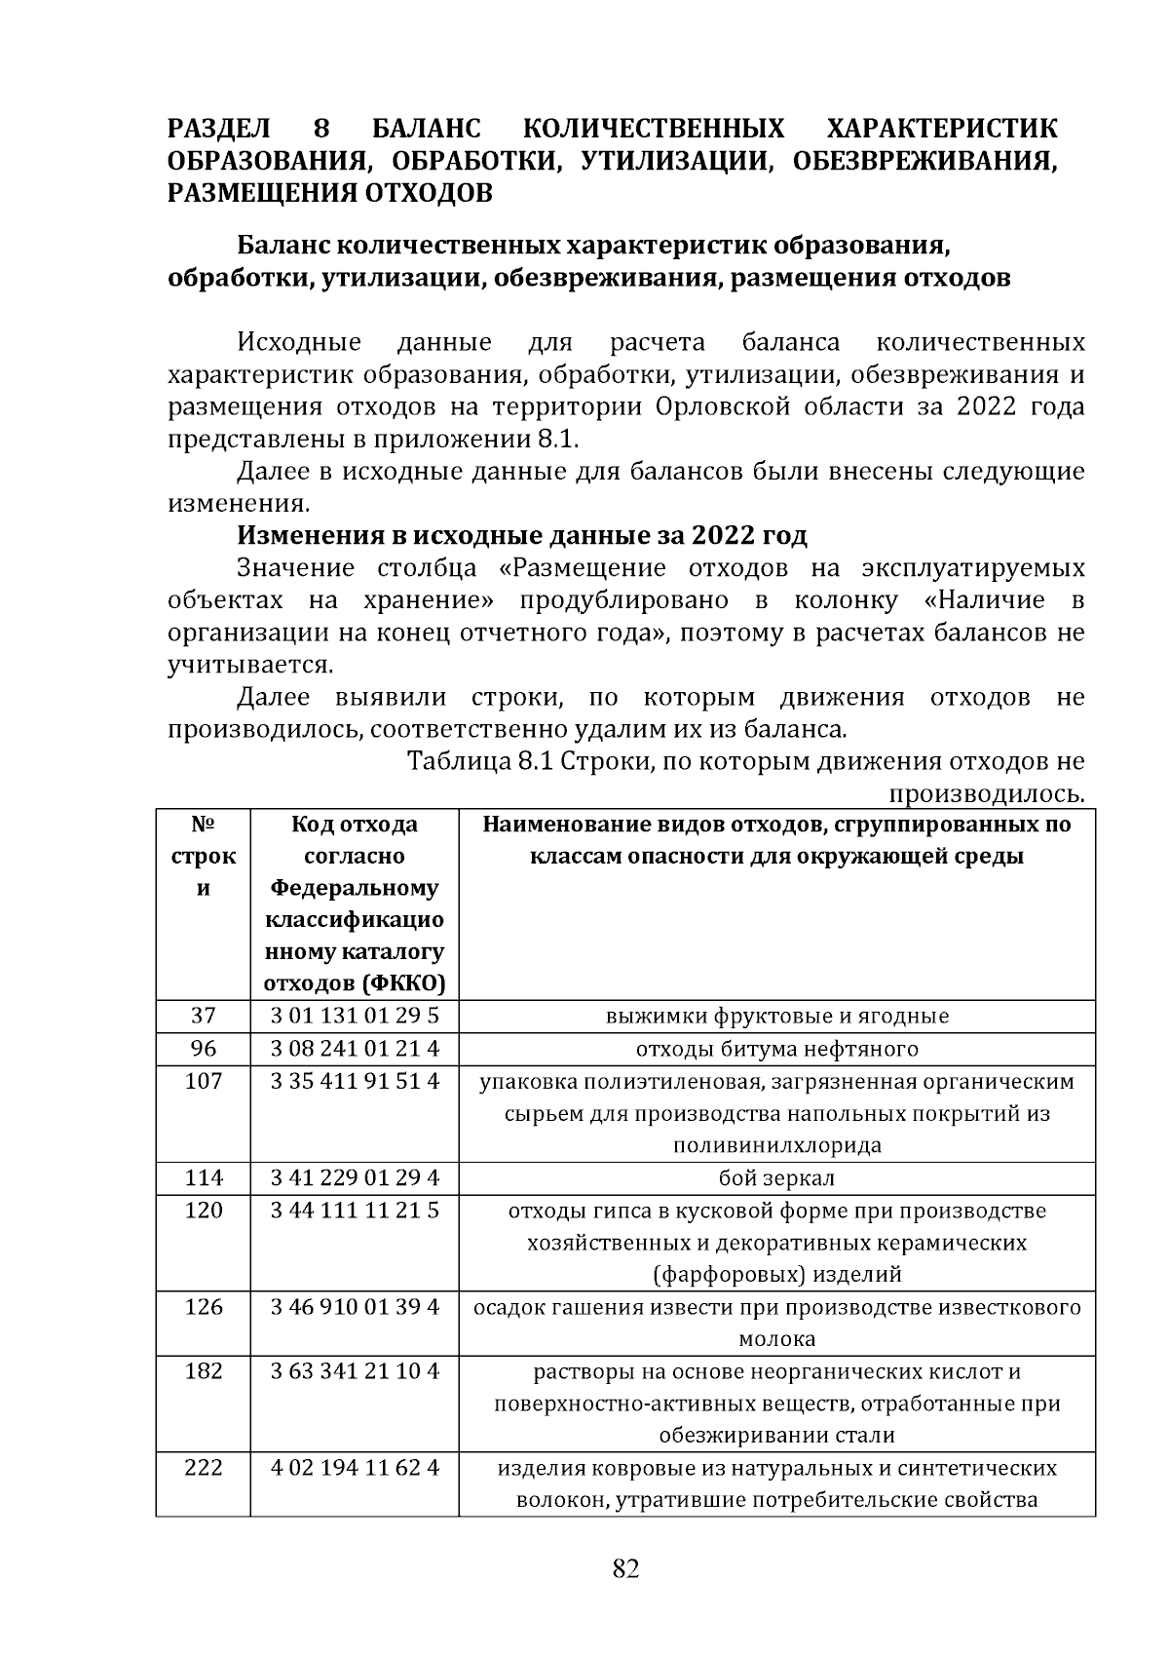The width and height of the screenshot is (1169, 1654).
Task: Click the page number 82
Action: pyautogui.click(x=625, y=1568)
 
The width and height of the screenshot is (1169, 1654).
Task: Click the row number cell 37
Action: pyautogui.click(x=203, y=1016)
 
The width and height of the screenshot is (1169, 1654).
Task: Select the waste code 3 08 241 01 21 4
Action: pyautogui.click(x=355, y=1049)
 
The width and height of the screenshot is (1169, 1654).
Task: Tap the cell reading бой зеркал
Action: pyautogui.click(x=776, y=1177)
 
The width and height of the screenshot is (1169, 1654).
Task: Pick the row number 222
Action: pyautogui.click(x=203, y=1467)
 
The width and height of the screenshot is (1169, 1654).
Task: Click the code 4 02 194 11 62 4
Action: pyautogui.click(x=355, y=1467)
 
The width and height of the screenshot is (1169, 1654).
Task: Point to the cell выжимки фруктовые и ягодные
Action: pyautogui.click(x=776, y=1016)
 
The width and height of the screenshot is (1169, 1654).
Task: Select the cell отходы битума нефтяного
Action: pyautogui.click(x=776, y=1049)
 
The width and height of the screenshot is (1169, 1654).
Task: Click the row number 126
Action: pyautogui.click(x=203, y=1306)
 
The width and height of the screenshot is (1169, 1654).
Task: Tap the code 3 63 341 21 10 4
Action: pyautogui.click(x=355, y=1370)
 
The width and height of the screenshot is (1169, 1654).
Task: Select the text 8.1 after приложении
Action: pyautogui.click(x=559, y=439)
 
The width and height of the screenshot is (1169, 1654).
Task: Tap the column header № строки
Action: pyautogui.click(x=203, y=856)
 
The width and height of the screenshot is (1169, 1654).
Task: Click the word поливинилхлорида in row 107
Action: pyautogui.click(x=776, y=1145)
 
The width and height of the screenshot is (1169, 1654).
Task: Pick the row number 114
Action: pyautogui.click(x=203, y=1177)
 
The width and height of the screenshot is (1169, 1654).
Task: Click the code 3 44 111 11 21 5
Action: pyautogui.click(x=355, y=1210)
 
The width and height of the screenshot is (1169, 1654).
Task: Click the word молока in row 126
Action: pyautogui.click(x=776, y=1338)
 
